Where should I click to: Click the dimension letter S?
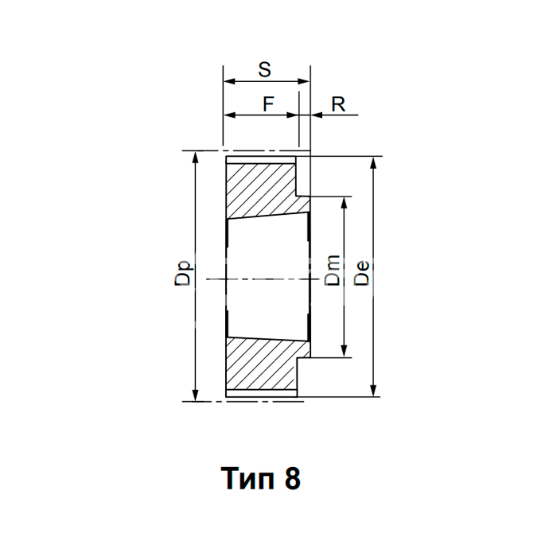coord(265,70)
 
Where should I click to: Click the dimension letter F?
coord(268,104)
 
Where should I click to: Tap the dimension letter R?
coord(338,104)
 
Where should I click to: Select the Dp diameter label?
coord(182,274)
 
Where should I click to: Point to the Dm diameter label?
coord(333,271)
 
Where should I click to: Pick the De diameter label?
coord(361,273)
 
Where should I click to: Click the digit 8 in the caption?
coord(292,478)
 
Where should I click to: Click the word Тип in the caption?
coord(247,478)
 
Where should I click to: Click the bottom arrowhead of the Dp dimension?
coord(195,395)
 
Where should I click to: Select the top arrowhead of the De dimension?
coord(373,162)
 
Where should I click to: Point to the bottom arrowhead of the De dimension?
coord(373,391)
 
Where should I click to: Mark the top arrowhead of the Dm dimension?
coord(344,202)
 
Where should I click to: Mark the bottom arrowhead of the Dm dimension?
coord(344,351)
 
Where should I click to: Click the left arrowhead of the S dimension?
coord(230,81)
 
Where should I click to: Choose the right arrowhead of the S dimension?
coord(303,81)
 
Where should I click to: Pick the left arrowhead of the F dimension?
coord(230,115)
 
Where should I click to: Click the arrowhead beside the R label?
coord(317,115)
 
